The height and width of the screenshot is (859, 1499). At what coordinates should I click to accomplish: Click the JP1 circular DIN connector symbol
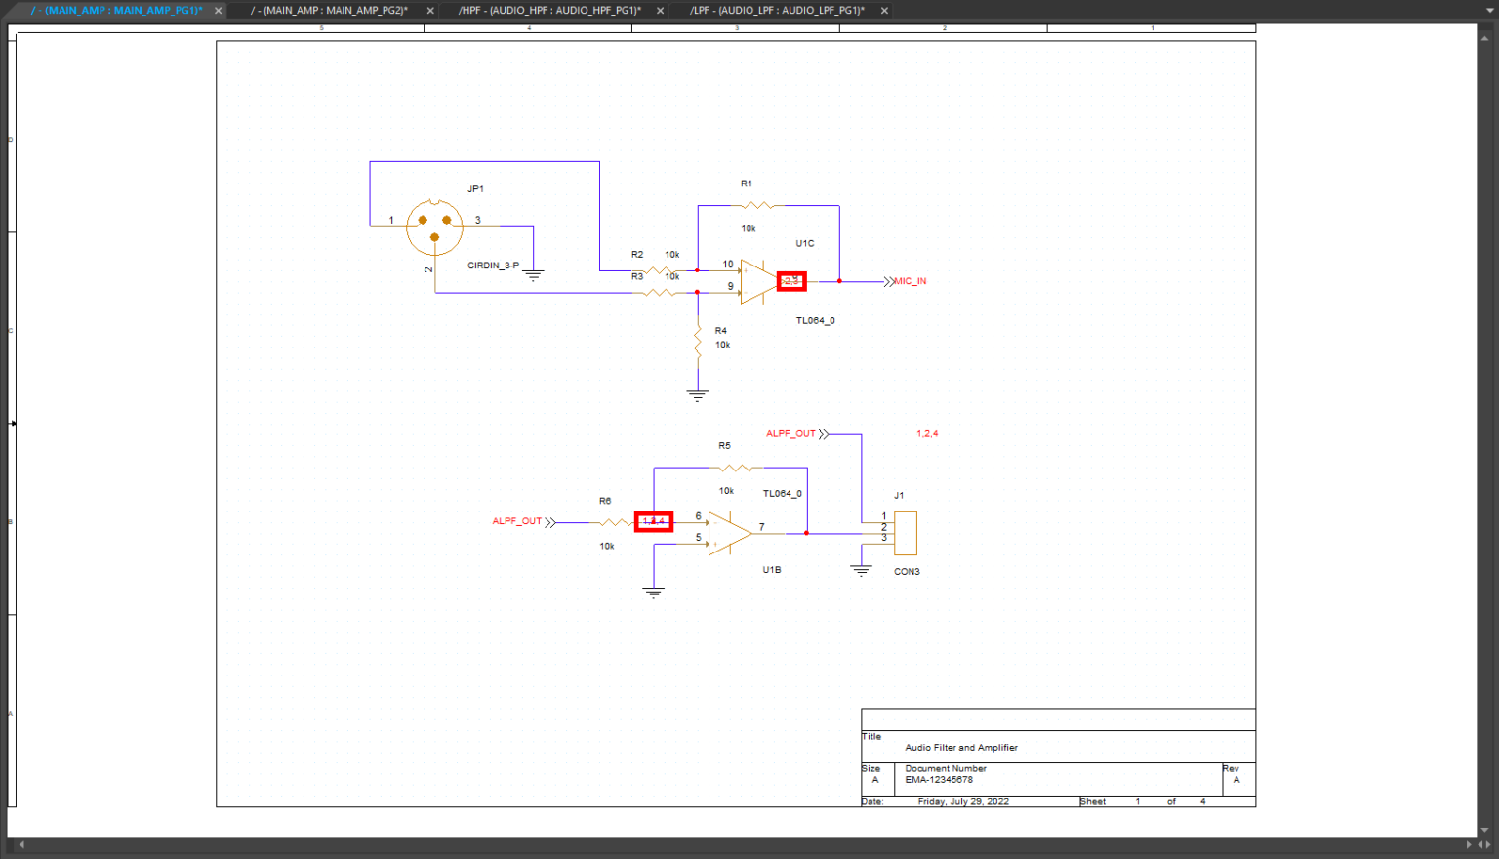click(x=434, y=226)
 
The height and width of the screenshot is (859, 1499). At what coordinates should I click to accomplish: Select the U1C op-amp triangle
click(x=755, y=281)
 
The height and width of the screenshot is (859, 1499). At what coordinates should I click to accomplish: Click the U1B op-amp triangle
click(x=727, y=533)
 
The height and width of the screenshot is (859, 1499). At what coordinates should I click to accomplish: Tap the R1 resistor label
click(x=747, y=184)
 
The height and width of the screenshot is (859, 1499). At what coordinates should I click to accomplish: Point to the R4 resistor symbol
click(x=698, y=342)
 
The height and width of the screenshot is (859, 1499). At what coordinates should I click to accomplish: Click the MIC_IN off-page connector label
click(x=910, y=281)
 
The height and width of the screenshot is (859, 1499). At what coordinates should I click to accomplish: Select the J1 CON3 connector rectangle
click(x=906, y=533)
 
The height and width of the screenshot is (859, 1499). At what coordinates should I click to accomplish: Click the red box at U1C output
click(x=791, y=281)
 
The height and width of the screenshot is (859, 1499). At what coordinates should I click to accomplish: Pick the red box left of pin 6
click(x=654, y=522)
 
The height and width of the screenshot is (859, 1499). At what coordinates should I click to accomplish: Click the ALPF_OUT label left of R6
click(x=517, y=521)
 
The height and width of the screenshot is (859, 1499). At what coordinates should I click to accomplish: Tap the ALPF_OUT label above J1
click(x=790, y=433)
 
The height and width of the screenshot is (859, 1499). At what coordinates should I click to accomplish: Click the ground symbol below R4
click(x=697, y=395)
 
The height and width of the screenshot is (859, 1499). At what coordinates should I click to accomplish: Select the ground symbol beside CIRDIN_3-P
click(x=534, y=275)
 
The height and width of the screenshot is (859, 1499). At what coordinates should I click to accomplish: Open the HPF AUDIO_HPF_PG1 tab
click(x=549, y=11)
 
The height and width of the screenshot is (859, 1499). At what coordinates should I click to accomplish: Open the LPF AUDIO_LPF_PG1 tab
click(x=777, y=11)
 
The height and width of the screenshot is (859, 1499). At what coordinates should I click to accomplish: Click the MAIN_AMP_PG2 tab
click(x=329, y=11)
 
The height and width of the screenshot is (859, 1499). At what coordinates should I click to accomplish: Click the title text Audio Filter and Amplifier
click(x=961, y=748)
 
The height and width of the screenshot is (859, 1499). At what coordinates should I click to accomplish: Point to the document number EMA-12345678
click(x=939, y=780)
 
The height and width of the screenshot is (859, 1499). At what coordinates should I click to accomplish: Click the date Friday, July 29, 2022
click(x=963, y=801)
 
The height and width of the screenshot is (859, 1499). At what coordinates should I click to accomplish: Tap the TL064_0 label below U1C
click(x=815, y=320)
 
